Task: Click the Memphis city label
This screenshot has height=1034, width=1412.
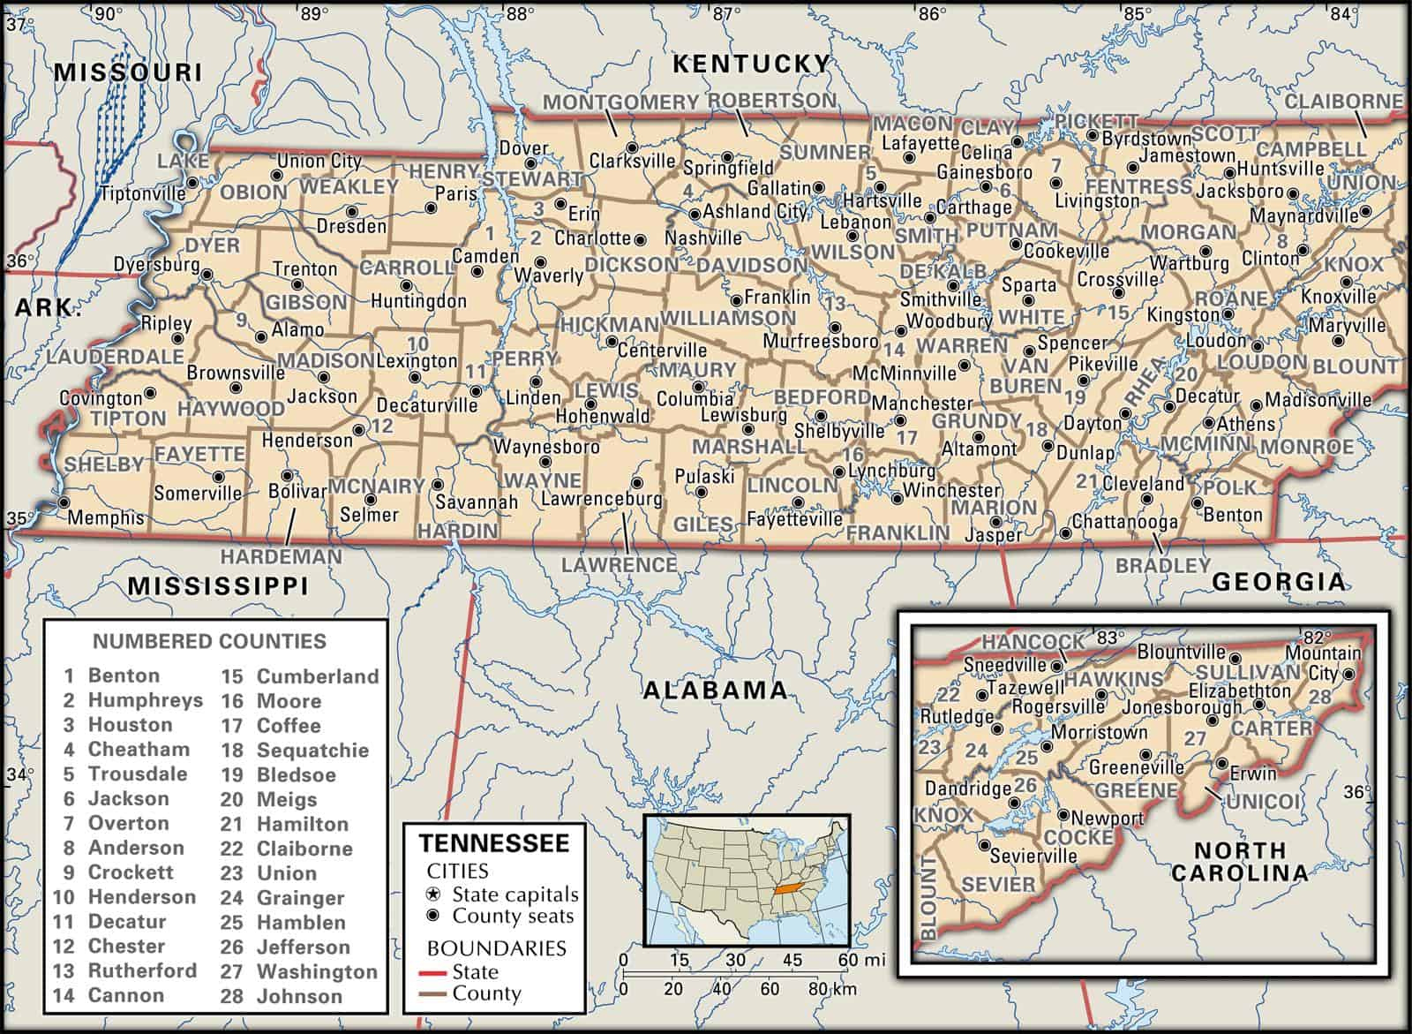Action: tap(105, 518)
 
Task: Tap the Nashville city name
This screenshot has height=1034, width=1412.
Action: tap(702, 238)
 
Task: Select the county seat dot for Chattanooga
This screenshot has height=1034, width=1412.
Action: tap(1065, 533)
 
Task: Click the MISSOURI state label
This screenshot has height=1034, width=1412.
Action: tap(128, 72)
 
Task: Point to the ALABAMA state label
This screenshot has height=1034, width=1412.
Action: tap(714, 691)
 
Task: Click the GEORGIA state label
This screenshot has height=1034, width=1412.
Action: tap(1280, 581)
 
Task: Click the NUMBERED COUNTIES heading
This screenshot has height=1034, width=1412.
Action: tap(209, 642)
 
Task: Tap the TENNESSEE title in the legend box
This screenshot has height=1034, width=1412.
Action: tap(493, 842)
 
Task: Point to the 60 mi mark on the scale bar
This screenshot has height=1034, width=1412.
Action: tap(848, 960)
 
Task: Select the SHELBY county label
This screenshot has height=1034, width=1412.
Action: tap(104, 464)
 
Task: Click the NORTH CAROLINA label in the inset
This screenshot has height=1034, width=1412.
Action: tap(1239, 862)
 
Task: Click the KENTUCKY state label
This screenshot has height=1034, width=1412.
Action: tap(751, 64)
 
